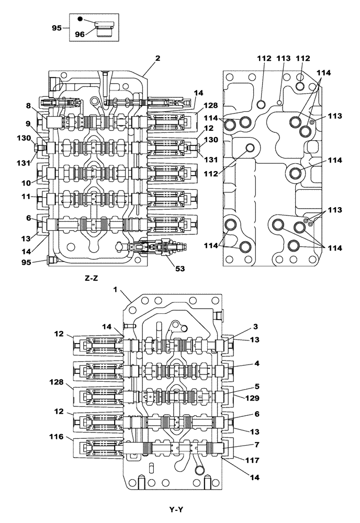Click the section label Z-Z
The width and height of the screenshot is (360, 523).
coord(91,279)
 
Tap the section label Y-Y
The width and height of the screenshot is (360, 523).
coord(175,509)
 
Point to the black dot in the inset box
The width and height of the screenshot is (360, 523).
coord(80,19)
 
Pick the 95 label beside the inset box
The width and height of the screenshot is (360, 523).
coord(57,27)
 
